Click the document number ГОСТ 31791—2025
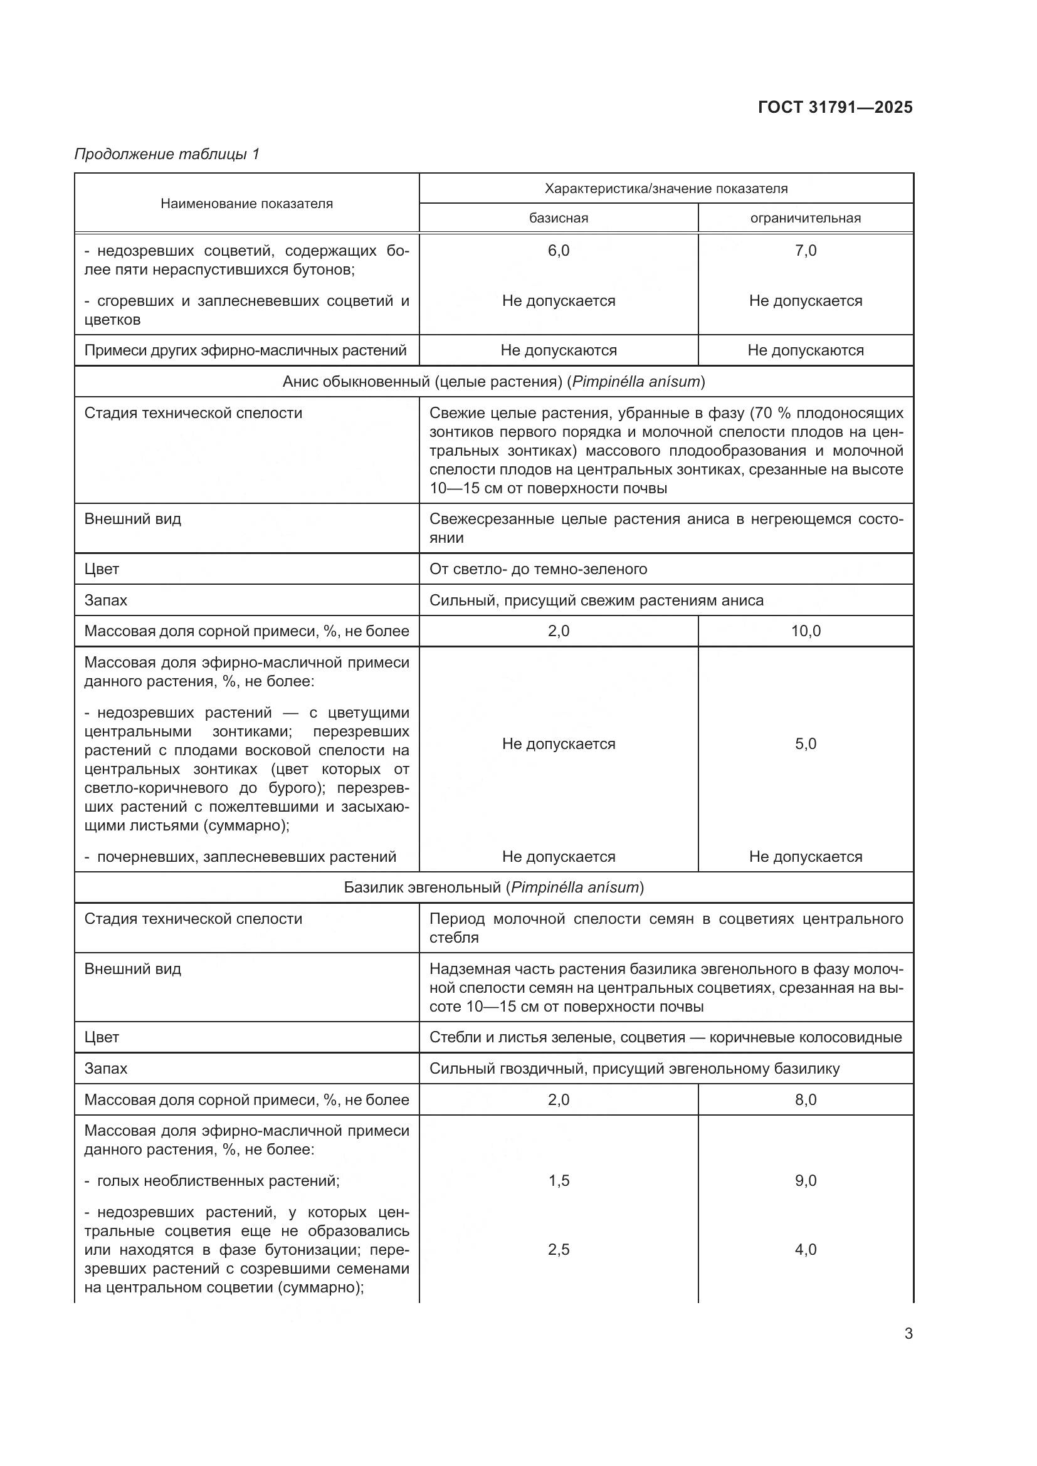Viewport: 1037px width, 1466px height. [x=834, y=107]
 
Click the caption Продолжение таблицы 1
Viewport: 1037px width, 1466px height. [x=167, y=154]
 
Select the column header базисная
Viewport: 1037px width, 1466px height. [x=558, y=218]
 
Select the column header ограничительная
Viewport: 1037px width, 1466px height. [x=805, y=218]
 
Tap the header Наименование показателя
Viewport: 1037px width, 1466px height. [x=246, y=204]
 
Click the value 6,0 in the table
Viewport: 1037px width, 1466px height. [x=558, y=251]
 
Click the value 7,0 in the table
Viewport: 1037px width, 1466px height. [x=805, y=251]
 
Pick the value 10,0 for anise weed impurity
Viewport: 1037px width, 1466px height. [x=805, y=632]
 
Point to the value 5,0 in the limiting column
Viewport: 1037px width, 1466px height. [x=805, y=744]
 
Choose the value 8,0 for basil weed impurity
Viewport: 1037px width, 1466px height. [x=805, y=1099]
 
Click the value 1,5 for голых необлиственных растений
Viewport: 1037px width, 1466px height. [x=558, y=1181]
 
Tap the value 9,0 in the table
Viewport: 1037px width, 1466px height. [x=805, y=1181]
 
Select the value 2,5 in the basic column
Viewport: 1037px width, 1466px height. [x=558, y=1250]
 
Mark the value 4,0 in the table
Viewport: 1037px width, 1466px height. [x=805, y=1250]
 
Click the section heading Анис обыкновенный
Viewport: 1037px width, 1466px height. [x=493, y=382]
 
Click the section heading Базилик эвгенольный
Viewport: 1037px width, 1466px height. [x=493, y=887]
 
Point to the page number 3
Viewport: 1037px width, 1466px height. [x=908, y=1334]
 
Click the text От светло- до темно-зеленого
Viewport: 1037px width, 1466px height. [x=538, y=569]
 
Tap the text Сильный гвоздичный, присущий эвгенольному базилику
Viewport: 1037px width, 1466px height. [x=634, y=1068]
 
